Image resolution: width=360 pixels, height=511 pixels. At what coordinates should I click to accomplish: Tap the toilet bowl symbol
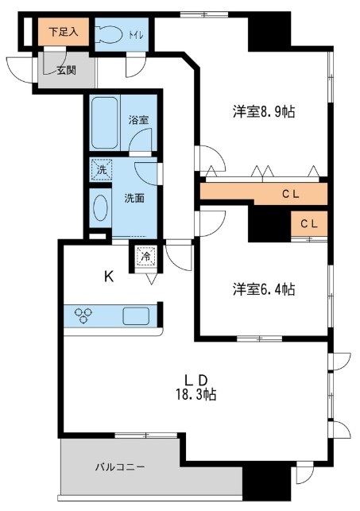click(108, 34)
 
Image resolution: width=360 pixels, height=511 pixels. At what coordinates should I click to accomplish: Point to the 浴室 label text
click(139, 120)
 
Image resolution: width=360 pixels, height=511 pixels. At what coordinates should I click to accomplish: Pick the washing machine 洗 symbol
click(101, 168)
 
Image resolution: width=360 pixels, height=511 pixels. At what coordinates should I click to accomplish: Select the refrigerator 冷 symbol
click(145, 256)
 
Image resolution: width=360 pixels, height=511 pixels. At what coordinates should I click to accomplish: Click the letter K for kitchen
click(107, 277)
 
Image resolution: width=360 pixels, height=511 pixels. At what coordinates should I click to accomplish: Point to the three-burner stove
click(85, 315)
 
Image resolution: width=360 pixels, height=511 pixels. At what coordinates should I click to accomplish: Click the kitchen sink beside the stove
click(137, 315)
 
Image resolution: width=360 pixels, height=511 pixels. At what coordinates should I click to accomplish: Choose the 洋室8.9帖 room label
click(264, 112)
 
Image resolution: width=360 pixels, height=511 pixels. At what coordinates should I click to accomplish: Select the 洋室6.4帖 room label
click(264, 289)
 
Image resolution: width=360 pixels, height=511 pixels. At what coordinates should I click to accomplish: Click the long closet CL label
click(295, 193)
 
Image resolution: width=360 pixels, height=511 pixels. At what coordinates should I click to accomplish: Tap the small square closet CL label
click(310, 224)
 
